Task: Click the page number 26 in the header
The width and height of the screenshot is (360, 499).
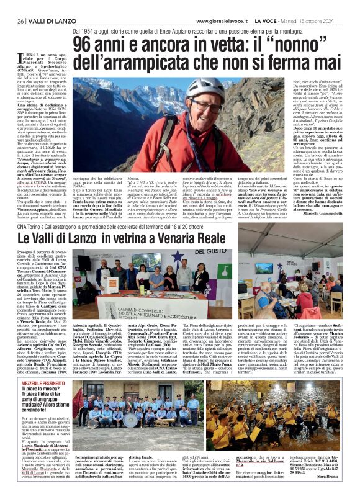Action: tap(20, 21)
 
